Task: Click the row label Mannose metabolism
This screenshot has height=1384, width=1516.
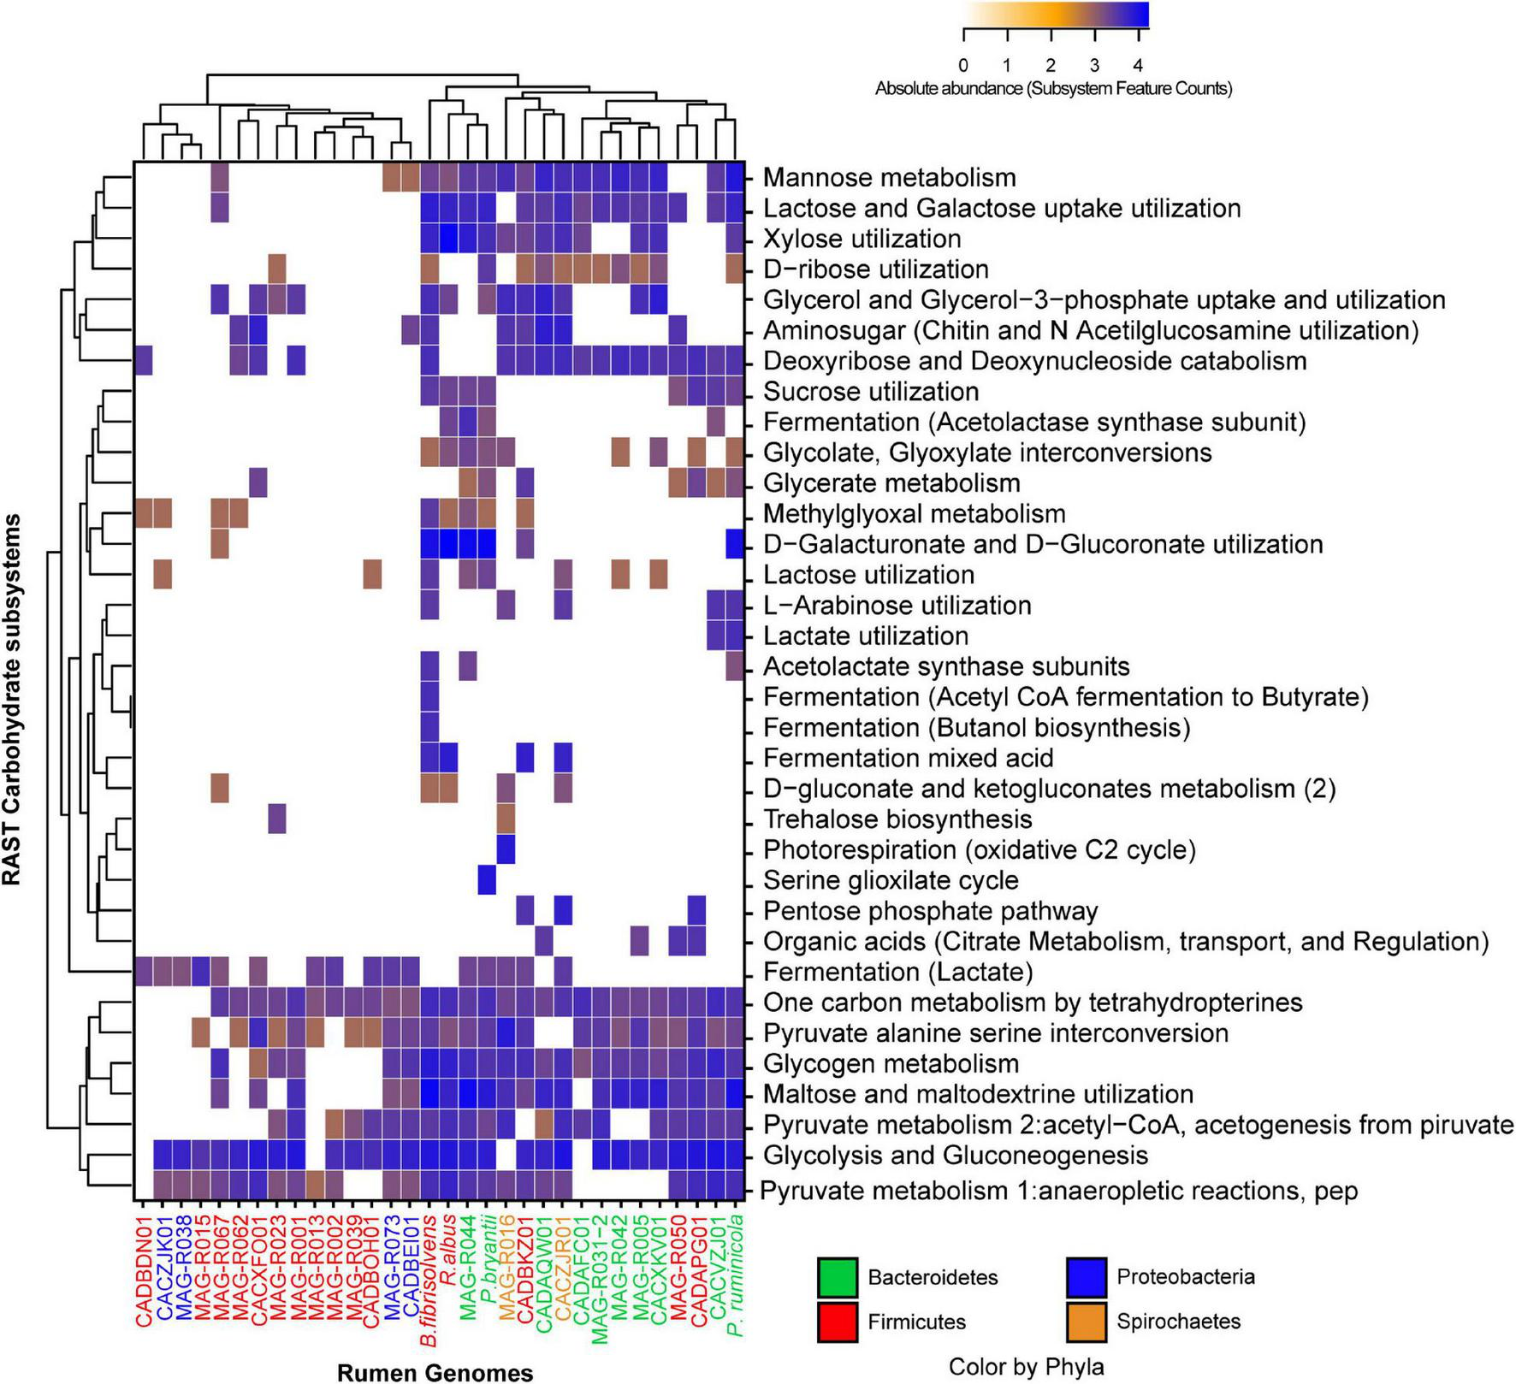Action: tap(889, 178)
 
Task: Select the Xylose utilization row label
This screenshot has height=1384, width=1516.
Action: tap(862, 239)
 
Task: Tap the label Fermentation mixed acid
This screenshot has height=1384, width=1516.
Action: tap(908, 759)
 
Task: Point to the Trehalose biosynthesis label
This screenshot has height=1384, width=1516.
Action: tap(897, 819)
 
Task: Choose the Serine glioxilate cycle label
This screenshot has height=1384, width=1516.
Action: tap(891, 880)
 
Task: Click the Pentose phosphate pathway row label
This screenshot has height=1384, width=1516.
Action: tap(930, 911)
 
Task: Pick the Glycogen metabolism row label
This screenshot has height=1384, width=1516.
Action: tap(891, 1064)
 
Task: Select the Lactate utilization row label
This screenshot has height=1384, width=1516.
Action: tap(865, 636)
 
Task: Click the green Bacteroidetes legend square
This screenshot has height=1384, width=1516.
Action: tap(838, 1277)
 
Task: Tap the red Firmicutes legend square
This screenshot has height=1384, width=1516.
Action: tap(838, 1322)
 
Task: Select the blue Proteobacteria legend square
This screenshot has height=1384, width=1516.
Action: tap(1087, 1277)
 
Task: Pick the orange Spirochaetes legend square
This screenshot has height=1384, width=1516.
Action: tap(1087, 1322)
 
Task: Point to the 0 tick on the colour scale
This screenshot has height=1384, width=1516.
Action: tap(963, 65)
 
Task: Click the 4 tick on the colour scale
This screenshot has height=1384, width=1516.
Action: tap(1138, 65)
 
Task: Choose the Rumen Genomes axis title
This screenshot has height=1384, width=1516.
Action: tap(435, 1373)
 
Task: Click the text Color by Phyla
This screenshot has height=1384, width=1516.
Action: tap(1026, 1367)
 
